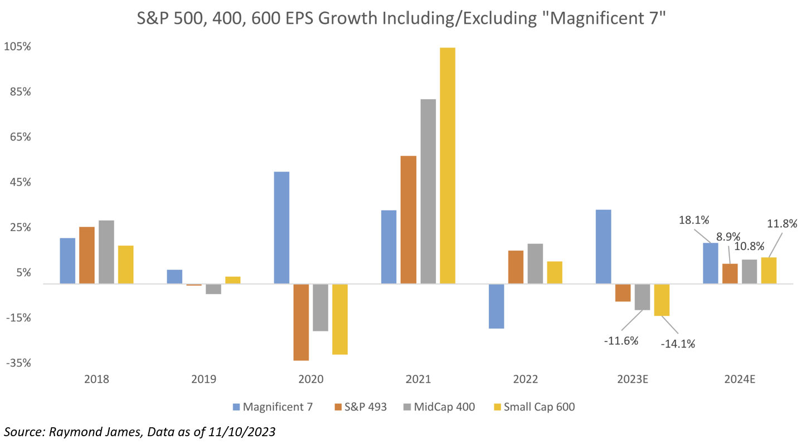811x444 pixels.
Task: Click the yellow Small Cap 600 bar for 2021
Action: pos(448,165)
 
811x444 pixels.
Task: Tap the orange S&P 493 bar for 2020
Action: pos(301,322)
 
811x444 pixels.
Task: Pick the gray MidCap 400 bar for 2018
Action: pos(106,252)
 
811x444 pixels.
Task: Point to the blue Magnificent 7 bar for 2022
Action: pos(496,306)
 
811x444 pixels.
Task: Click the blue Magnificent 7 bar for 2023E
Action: pos(604,247)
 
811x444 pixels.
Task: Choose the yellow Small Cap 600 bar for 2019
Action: pos(233,280)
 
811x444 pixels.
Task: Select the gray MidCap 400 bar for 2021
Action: pos(428,191)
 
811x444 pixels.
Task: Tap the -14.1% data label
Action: pos(678,344)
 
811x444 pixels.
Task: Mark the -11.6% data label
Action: pos(621,340)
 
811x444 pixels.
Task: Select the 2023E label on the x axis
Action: pos(633,380)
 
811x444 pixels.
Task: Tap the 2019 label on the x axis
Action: pos(204,380)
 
